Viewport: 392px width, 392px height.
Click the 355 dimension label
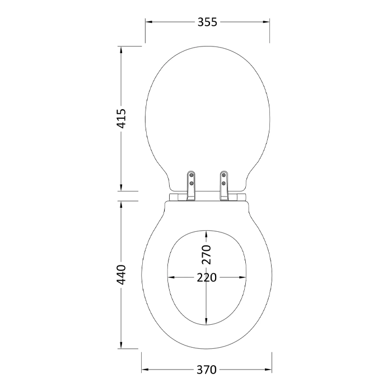(x=207, y=22)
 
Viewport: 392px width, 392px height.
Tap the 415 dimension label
(x=122, y=118)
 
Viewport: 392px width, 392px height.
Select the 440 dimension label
(x=122, y=274)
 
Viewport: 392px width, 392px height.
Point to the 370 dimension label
(x=207, y=370)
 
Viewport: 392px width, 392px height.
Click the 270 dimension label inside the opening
(x=207, y=254)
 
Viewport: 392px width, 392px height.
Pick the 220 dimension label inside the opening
(x=207, y=278)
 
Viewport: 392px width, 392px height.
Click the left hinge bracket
(x=192, y=186)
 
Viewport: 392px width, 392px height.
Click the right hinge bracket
(x=224, y=186)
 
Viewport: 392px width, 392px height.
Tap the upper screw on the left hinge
(x=192, y=175)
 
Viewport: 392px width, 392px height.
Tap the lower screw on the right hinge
(x=224, y=183)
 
